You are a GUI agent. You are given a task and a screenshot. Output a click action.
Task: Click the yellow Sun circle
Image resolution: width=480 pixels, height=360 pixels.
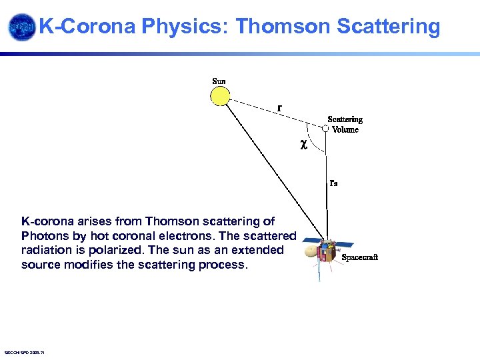pyautogui.click(x=220, y=96)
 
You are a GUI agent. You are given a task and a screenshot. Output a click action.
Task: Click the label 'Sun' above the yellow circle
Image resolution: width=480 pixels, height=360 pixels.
pyautogui.click(x=219, y=81)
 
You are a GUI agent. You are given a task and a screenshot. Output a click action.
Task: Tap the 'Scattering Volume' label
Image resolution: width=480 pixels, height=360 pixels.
pyautogui.click(x=345, y=125)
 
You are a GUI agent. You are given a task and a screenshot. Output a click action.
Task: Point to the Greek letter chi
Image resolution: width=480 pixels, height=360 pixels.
pyautogui.click(x=303, y=143)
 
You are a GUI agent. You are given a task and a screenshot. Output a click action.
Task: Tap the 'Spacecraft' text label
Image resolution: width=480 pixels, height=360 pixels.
pyautogui.click(x=359, y=257)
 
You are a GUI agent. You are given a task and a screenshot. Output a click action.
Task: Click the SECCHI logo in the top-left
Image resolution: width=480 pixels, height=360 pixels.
pyautogui.click(x=21, y=27)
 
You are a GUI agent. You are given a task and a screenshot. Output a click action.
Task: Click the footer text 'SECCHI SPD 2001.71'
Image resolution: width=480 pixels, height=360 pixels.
pyautogui.click(x=24, y=352)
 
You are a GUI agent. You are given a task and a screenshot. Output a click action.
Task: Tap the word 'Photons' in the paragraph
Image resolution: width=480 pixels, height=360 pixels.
pyautogui.click(x=43, y=235)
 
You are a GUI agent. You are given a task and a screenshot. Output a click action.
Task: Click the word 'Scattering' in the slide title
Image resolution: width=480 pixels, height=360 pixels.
pyautogui.click(x=389, y=27)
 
